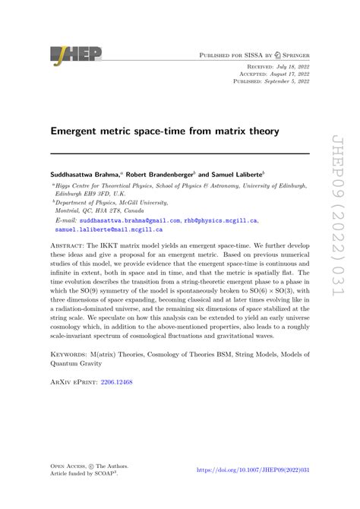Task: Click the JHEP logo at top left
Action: (x=75, y=54)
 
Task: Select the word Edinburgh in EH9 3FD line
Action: (x=73, y=193)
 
